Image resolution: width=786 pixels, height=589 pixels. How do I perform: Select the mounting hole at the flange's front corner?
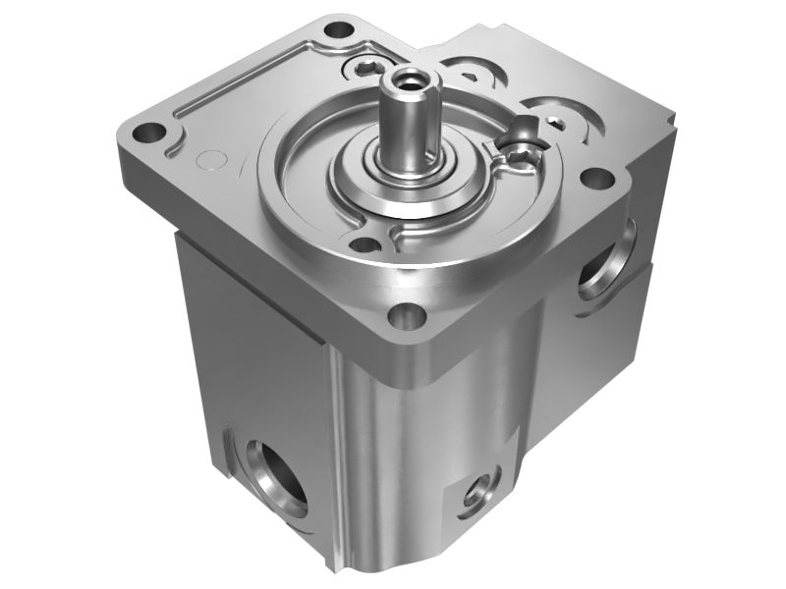(x=402, y=317)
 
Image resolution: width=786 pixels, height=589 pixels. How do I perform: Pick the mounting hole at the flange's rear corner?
(x=340, y=28)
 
